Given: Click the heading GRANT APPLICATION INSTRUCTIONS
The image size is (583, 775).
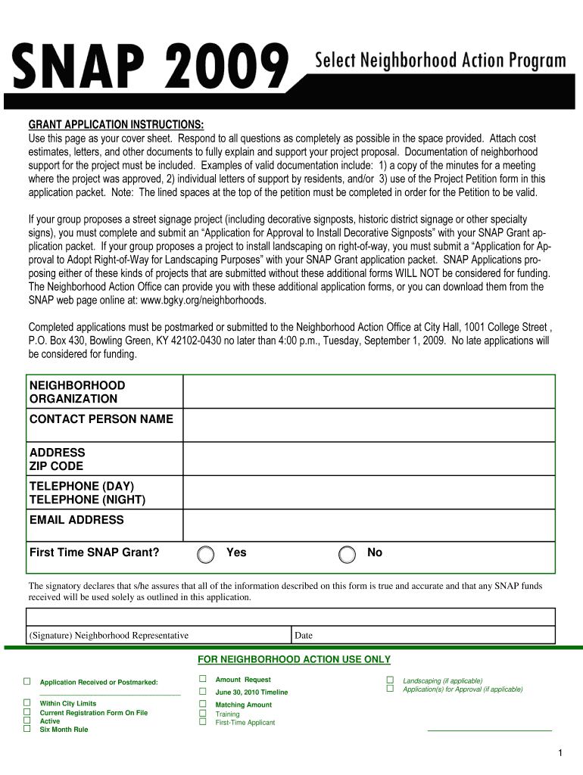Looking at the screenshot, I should point(116,125).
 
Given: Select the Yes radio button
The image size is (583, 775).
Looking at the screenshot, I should point(205,555).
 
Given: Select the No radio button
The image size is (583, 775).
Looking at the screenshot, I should point(347,555).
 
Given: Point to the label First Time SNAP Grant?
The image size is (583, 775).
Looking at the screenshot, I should point(95,552).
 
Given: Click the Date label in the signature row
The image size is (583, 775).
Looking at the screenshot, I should point(304,636).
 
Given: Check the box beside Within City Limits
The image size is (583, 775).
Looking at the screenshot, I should point(26,703).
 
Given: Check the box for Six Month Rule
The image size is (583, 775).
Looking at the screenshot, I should point(26,729).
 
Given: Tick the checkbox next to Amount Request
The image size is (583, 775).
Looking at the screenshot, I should point(202,680).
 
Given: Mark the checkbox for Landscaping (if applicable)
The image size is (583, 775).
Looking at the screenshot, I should point(390,680).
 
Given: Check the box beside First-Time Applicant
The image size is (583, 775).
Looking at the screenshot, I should point(202,722).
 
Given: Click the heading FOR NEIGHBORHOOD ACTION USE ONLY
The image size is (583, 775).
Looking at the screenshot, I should point(294,659).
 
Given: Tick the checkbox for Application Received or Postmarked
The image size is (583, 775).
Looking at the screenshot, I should point(26,682).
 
